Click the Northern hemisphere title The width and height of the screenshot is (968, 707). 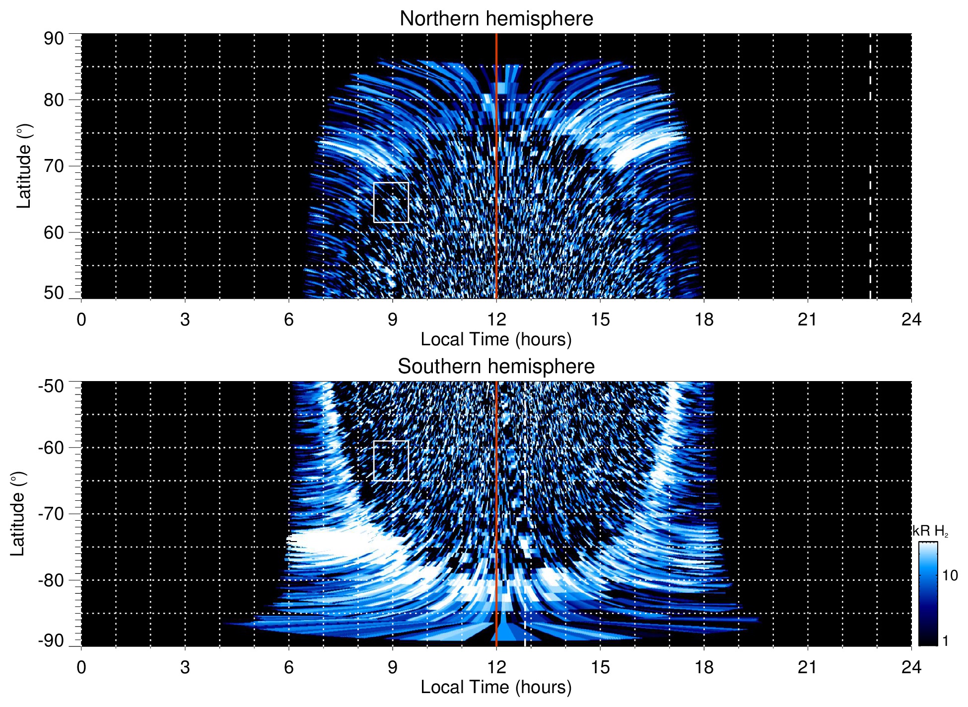point(496,19)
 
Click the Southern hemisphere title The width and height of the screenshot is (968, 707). point(496,367)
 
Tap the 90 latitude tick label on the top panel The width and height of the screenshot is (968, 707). point(54,39)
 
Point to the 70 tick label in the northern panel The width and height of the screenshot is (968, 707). point(54,166)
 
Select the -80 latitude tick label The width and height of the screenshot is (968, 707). point(51,580)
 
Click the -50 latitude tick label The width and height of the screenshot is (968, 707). point(51,386)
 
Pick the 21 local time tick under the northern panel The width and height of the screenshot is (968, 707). point(807,319)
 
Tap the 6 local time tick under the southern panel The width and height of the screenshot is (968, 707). point(288,667)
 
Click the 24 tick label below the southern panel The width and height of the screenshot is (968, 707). point(911,667)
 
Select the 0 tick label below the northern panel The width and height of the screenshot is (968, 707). point(81,319)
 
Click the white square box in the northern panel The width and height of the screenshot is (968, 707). point(391,202)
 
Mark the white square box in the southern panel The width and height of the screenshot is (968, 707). point(391,461)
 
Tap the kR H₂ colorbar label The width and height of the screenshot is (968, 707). point(930,531)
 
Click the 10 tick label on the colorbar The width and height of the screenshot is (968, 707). point(950,576)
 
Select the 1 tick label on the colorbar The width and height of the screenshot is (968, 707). point(945,641)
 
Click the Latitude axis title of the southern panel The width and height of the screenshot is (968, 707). point(18,514)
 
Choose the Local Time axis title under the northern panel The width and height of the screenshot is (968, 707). point(496,340)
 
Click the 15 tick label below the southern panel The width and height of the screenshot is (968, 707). point(600,667)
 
